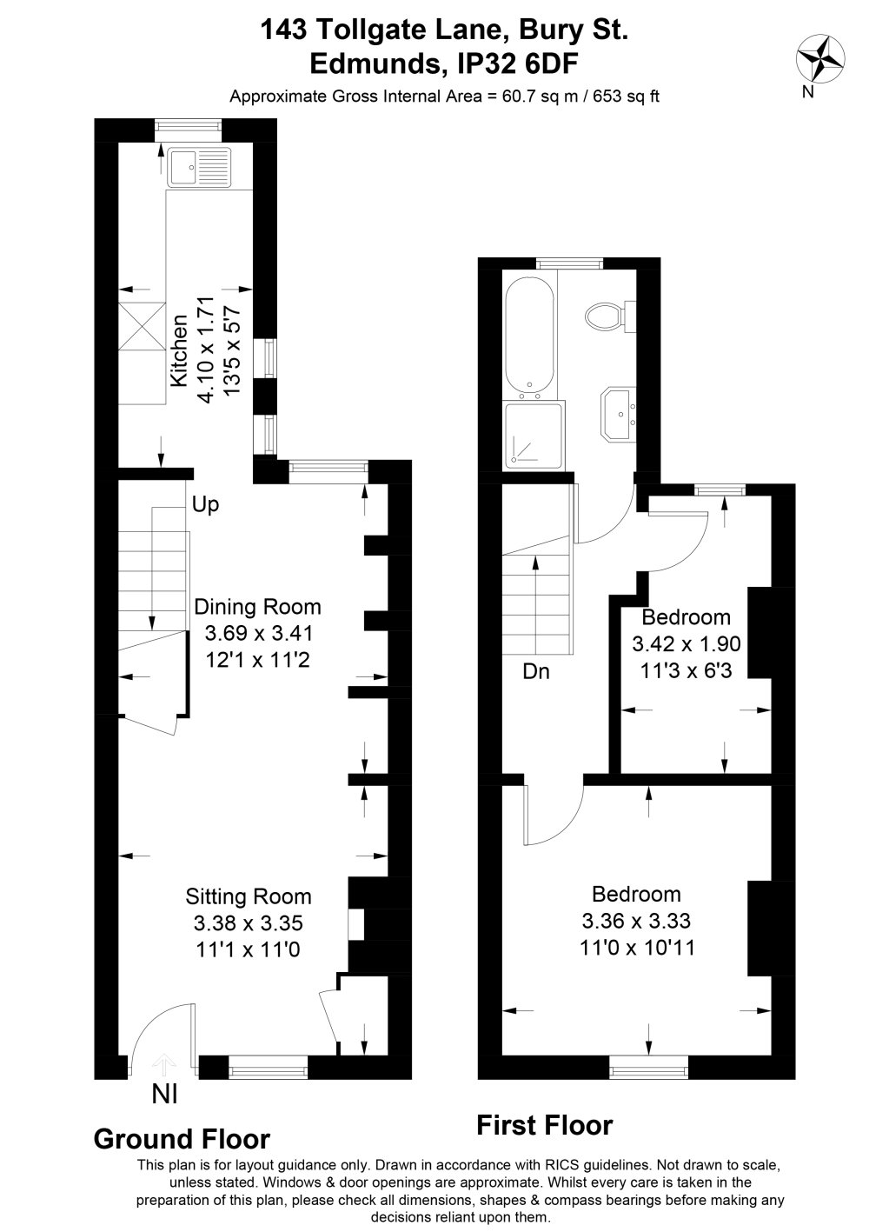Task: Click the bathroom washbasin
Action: click(x=619, y=414)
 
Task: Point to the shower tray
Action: click(x=534, y=433)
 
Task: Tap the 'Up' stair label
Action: click(x=206, y=505)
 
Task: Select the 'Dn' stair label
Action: click(x=536, y=671)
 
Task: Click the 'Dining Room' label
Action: click(x=258, y=607)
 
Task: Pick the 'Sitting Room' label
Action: click(x=249, y=896)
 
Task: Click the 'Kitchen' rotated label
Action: click(x=180, y=350)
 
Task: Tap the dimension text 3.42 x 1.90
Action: click(x=687, y=643)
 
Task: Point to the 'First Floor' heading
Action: click(x=545, y=1125)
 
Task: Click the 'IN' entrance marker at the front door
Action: click(x=165, y=1094)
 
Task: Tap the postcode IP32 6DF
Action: click(x=518, y=64)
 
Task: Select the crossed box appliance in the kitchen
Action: click(x=142, y=325)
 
